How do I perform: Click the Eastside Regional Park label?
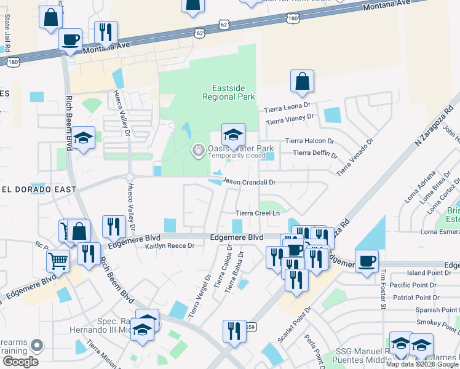pos(229,92)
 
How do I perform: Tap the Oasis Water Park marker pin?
pos(198,149)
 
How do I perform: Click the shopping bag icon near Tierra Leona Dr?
pos(302,82)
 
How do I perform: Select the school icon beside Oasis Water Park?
pos(233,135)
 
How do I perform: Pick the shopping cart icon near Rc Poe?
pos(58,261)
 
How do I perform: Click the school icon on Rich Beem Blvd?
pos(83,138)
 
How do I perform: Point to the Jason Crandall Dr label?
pos(249,182)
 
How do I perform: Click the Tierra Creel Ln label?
pos(258,213)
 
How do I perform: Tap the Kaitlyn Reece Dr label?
pos(170,246)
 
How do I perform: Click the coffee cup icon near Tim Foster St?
pos(367,261)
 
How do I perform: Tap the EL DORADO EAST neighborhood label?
pos(38,190)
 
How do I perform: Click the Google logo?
pos(20,362)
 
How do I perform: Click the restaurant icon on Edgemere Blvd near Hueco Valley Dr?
pos(112,227)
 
